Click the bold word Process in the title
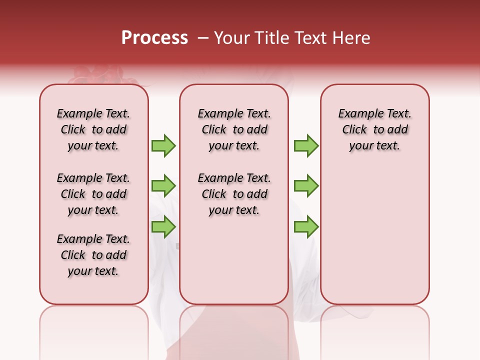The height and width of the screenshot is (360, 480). pos(154,38)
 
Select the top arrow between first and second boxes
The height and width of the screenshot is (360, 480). pos(163,145)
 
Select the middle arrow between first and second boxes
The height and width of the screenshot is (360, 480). pos(163,186)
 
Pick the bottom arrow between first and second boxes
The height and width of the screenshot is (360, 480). pos(163,226)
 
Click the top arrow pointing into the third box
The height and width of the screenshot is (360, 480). pos(306,145)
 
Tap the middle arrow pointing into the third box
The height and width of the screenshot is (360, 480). pos(306,186)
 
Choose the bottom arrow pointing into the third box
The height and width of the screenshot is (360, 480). pos(306,226)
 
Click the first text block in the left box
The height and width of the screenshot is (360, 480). pos(93,129)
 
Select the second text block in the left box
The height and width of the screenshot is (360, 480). pos(93,194)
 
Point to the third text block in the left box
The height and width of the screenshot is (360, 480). pos(93,255)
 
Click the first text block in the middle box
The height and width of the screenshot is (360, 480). pos(234,129)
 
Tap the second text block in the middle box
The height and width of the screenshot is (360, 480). pos(234,194)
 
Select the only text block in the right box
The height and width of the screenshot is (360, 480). pos(375,129)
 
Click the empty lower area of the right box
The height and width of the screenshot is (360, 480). pos(375,235)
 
